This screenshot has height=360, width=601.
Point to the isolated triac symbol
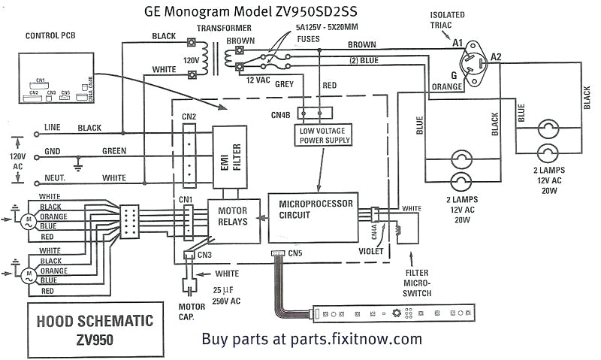473,60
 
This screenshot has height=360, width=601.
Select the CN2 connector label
189,116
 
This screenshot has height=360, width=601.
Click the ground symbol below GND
77,163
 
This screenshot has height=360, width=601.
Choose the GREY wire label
283,84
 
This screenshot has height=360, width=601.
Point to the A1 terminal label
458,43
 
